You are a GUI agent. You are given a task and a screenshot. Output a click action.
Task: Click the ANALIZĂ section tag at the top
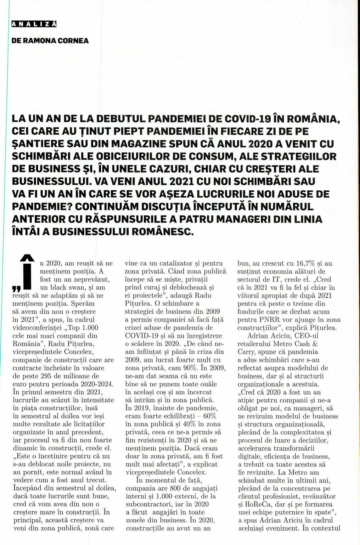pos(34,24)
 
